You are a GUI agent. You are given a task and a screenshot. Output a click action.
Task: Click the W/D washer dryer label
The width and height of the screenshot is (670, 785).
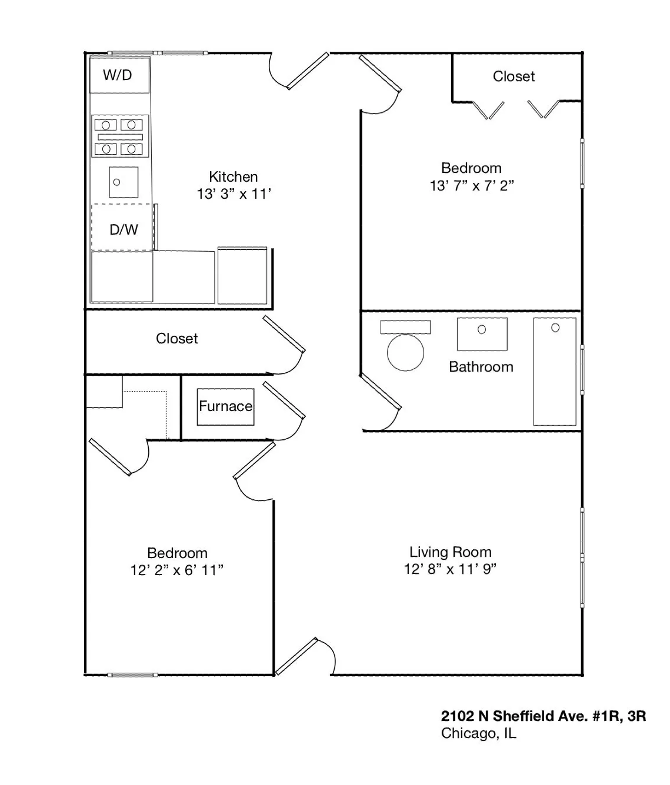[x=118, y=75]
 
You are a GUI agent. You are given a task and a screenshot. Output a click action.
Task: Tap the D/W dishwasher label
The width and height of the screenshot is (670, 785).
[x=124, y=229]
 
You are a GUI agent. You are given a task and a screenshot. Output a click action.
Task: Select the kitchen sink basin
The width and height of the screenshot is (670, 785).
[x=124, y=182]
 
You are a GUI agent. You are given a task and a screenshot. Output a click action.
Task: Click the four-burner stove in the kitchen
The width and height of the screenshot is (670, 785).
[x=119, y=136]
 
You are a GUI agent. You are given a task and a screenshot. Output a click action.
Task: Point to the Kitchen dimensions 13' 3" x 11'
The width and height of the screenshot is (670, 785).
[x=234, y=194]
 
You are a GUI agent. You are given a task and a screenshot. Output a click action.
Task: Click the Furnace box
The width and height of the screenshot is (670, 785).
[x=225, y=406]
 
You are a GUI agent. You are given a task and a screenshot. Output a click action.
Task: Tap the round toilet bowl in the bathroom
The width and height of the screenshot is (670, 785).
[x=405, y=352]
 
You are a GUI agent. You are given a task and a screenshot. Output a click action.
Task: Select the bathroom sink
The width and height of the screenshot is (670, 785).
[x=482, y=333]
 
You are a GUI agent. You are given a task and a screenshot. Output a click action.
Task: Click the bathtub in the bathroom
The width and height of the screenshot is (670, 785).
[x=554, y=372]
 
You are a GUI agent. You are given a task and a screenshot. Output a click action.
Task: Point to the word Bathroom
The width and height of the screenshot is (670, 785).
[x=481, y=367]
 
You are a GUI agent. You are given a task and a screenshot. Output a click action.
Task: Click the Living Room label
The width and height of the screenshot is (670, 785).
[x=450, y=552]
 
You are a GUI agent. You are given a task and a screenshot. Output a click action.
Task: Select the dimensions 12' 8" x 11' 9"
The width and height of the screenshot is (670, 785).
[x=450, y=569]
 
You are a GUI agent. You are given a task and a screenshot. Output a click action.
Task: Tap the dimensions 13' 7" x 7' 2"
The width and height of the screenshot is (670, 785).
[x=472, y=186]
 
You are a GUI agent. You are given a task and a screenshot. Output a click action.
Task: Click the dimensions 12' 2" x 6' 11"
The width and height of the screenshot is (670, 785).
[x=176, y=570]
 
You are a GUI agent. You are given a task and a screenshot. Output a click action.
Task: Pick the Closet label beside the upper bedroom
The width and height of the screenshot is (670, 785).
[x=514, y=76]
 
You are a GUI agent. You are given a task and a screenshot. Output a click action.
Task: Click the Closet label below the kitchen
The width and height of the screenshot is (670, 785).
[x=176, y=339]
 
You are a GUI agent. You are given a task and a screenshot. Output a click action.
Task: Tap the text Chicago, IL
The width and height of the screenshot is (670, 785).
[x=478, y=733]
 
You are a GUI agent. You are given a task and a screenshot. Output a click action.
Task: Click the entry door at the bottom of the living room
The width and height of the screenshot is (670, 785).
[x=298, y=656]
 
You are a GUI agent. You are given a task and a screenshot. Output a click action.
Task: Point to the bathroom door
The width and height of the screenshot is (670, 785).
[x=381, y=392]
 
